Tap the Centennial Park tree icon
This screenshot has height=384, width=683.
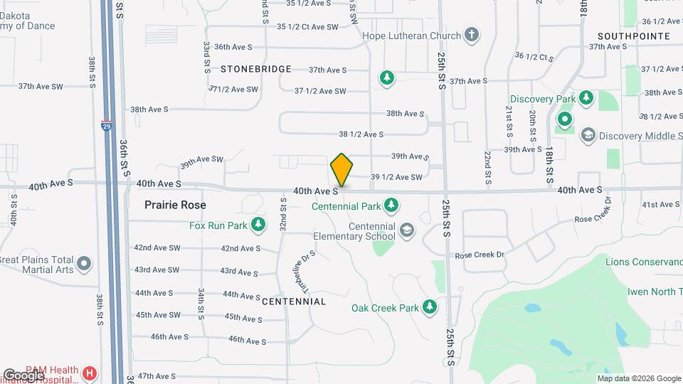click(391, 206)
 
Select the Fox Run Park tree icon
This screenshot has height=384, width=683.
click(259, 226)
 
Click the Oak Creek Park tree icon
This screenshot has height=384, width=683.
click(429, 307)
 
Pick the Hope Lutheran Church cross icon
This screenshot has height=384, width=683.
click(471, 34)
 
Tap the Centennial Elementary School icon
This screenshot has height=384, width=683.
click(406, 230)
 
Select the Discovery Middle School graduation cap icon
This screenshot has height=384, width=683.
click(588, 135)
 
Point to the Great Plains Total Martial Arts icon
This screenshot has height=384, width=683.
click(84, 265)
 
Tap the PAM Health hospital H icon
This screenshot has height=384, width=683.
click(90, 373)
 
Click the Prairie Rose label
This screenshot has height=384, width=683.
click(175, 205)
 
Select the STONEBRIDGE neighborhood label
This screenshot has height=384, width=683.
click(255, 69)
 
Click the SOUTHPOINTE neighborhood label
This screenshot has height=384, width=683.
click(633, 36)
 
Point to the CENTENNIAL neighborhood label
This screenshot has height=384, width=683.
click(294, 302)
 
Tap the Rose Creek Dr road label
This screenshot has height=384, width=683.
click(479, 255)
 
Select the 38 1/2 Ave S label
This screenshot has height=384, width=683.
click(361, 134)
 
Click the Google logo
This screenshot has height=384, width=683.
click(23, 375)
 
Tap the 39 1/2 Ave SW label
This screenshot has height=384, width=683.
click(397, 177)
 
